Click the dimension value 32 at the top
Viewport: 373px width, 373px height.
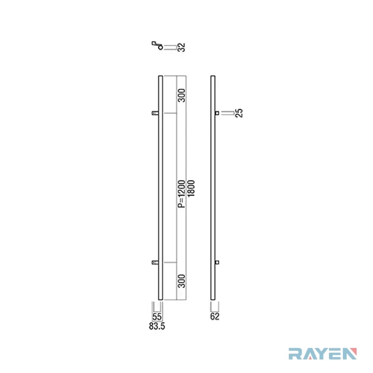(x=182, y=47)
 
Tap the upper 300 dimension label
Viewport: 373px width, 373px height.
(x=182, y=96)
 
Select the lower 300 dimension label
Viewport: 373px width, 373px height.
(x=182, y=281)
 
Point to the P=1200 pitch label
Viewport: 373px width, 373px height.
(x=182, y=194)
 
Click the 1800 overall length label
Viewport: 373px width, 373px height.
(x=191, y=189)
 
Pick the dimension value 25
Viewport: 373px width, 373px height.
(x=239, y=113)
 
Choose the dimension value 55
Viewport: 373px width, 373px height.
(x=157, y=317)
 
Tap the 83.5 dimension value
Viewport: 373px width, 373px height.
(x=157, y=326)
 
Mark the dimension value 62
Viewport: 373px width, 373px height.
(x=215, y=317)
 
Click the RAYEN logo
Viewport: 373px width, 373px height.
(x=323, y=354)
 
